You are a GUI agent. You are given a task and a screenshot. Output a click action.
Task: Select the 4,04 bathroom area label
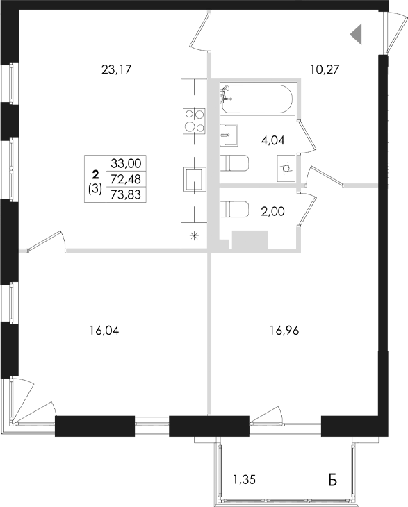click(272, 140)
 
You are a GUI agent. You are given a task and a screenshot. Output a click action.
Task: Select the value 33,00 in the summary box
click(126, 163)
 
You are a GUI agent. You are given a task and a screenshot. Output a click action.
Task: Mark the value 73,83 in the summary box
click(126, 194)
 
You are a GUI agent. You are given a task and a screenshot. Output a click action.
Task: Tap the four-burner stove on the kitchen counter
click(193, 119)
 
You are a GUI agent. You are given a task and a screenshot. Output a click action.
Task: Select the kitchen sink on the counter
click(193, 178)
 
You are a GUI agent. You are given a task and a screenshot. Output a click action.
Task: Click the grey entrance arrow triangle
click(356, 33)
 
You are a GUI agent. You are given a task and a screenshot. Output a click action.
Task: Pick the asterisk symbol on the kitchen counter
click(194, 235)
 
